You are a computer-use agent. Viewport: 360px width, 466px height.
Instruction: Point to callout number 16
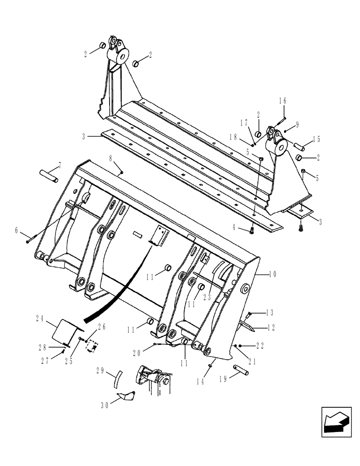[x=283, y=101]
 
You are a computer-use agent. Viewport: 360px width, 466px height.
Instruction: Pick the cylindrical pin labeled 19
[x=241, y=370]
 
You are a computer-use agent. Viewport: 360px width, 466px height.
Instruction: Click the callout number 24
[x=40, y=319]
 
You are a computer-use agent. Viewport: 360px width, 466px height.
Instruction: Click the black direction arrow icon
[x=335, y=423]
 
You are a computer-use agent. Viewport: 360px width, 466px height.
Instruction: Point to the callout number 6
[x=17, y=230]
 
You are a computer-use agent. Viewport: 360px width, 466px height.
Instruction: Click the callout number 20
[x=137, y=353]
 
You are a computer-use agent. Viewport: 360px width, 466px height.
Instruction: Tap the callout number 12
[x=272, y=328]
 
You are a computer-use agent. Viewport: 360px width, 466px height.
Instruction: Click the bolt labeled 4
[x=252, y=230]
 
